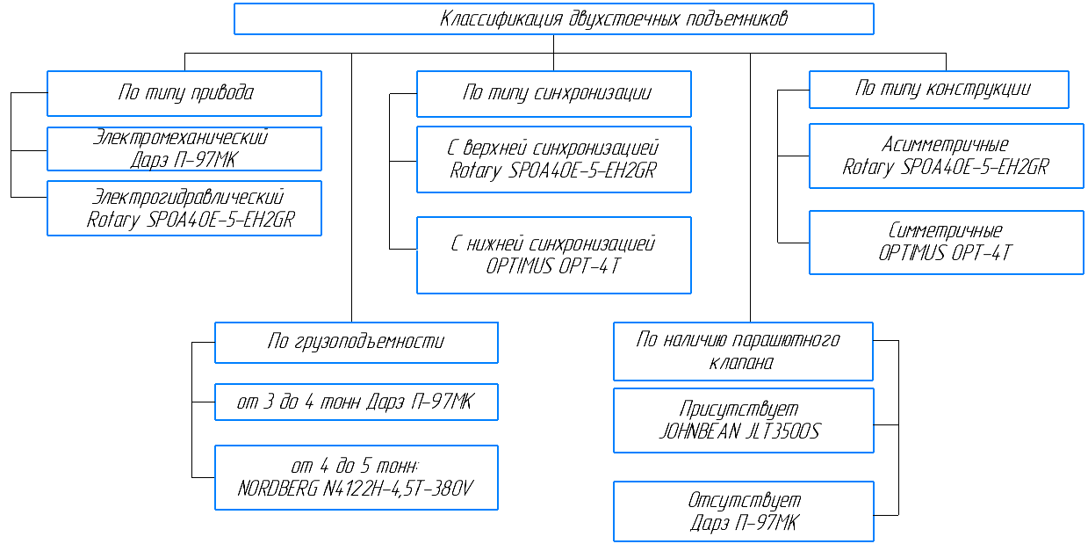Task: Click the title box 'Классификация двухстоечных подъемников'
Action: [553, 18]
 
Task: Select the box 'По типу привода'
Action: [184, 93]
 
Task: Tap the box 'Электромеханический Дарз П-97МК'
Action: [184, 149]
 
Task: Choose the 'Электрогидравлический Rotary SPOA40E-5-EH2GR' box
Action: [184, 208]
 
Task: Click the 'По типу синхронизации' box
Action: [553, 94]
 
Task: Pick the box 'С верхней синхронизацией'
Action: [553, 159]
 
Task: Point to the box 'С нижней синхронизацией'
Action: [553, 255]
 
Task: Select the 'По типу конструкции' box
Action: [939, 89]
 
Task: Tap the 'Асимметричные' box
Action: [946, 156]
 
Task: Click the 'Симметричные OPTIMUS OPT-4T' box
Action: [946, 242]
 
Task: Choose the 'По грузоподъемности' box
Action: [356, 342]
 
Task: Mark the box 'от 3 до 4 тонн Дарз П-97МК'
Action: [356, 402]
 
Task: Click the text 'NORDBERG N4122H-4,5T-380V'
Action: [356, 489]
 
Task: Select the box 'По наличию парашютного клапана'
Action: [743, 351]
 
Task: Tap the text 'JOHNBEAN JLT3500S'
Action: [739, 431]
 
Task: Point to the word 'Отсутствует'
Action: [744, 501]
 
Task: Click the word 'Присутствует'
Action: [739, 410]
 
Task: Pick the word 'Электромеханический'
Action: [180, 138]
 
